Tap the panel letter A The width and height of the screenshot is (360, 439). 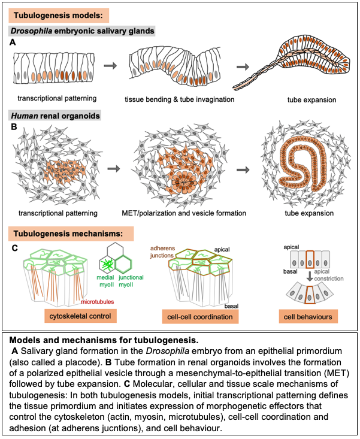pos(13,43)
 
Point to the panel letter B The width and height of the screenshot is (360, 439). pos(13,127)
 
